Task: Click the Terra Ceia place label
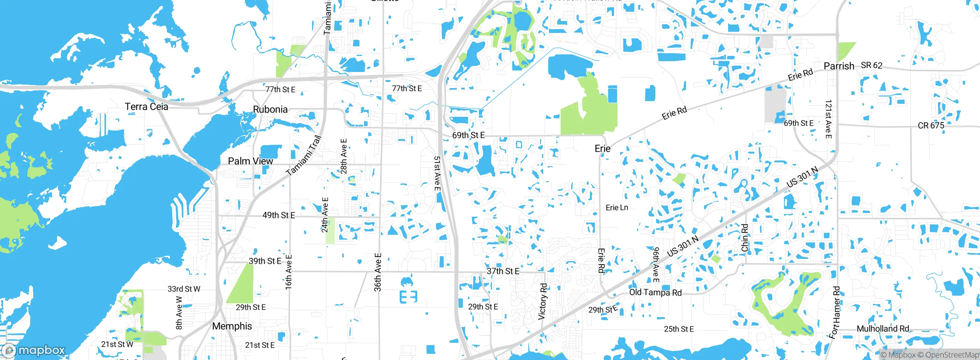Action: click(146, 106)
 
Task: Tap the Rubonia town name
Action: click(270, 109)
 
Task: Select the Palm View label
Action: click(250, 161)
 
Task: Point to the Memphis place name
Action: click(232, 326)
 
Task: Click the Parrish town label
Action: click(839, 66)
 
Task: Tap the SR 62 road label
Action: click(871, 65)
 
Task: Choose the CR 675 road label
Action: click(931, 126)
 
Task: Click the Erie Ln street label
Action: click(617, 208)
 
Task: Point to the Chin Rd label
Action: click(745, 238)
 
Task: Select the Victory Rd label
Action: click(543, 301)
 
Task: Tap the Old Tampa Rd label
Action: click(655, 293)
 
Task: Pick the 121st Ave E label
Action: click(828, 119)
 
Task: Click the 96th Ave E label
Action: click(656, 265)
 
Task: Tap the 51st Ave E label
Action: click(437, 173)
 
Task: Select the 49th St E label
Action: click(279, 215)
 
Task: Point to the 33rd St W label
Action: click(184, 289)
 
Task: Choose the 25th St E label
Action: click(679, 329)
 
